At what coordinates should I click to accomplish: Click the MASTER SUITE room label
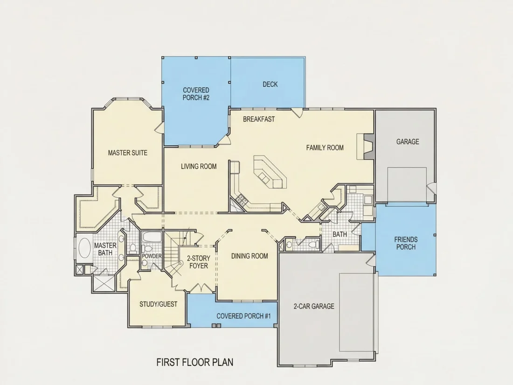click(x=128, y=153)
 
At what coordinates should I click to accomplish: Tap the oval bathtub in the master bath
click(x=84, y=248)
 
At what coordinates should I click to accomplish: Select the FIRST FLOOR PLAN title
click(x=194, y=362)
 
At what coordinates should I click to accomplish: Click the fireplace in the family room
click(x=365, y=146)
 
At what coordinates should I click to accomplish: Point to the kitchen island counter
click(x=270, y=172)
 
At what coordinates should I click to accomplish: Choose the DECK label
click(x=270, y=84)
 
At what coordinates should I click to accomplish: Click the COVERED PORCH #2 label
click(x=196, y=94)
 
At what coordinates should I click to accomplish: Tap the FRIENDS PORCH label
click(x=406, y=243)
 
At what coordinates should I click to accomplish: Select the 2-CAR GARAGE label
click(x=314, y=306)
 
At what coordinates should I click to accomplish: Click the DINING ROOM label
click(x=250, y=256)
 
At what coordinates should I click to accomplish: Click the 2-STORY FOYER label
click(x=199, y=262)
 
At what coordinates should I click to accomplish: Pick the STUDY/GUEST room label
click(x=159, y=304)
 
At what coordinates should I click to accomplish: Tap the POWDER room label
click(x=152, y=256)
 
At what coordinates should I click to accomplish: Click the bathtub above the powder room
click(x=152, y=237)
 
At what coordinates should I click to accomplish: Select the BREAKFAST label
click(x=259, y=119)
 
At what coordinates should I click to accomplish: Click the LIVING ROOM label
click(x=199, y=166)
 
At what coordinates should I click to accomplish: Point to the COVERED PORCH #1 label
click(x=244, y=316)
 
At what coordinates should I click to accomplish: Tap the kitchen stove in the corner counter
click(x=242, y=200)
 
